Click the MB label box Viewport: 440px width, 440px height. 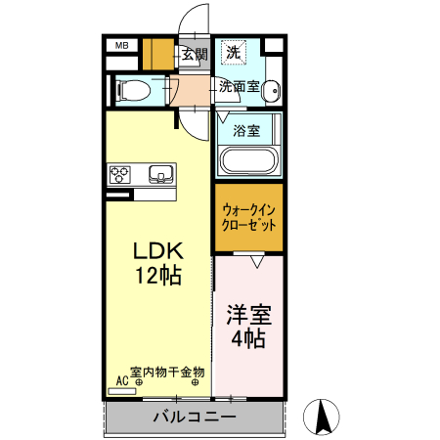[x=123, y=45]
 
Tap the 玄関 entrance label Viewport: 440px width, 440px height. [x=194, y=54]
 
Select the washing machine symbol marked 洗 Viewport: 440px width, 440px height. [x=235, y=51]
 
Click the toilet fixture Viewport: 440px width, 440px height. [x=132, y=91]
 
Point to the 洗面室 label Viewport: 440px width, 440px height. [x=239, y=87]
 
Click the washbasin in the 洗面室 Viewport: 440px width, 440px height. [x=271, y=90]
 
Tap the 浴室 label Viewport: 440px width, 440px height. [x=246, y=130]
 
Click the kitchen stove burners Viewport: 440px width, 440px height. [x=120, y=175]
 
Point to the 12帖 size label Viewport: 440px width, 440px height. [x=156, y=275]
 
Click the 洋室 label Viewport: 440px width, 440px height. [x=249, y=316]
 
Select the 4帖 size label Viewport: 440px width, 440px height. [x=249, y=339]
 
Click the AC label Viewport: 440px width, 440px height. [x=122, y=379]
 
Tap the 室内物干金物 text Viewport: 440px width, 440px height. [x=167, y=373]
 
